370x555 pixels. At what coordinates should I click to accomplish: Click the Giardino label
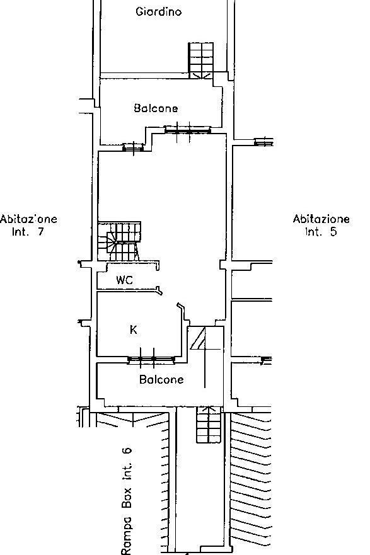click(158, 12)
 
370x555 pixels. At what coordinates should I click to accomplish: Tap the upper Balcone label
click(156, 108)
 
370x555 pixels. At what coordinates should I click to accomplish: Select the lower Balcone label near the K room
click(161, 379)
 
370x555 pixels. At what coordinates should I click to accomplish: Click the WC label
click(125, 280)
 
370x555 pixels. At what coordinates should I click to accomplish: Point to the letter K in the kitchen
click(134, 330)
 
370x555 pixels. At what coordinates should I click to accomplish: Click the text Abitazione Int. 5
click(321, 225)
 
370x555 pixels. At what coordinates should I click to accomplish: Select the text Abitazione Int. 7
click(28, 225)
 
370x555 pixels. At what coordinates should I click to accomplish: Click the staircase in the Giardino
click(201, 60)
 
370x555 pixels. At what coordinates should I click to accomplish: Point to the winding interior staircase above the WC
click(119, 241)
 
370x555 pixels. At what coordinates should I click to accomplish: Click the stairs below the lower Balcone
click(209, 425)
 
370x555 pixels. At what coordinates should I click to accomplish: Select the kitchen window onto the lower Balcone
click(151, 360)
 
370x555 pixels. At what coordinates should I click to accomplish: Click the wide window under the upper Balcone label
click(188, 130)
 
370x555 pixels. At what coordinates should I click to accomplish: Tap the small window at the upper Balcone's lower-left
click(133, 147)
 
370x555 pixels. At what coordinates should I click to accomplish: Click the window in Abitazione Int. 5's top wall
click(263, 142)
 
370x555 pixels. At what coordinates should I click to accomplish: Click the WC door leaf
click(159, 290)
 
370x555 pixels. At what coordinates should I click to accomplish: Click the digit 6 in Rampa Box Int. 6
click(127, 450)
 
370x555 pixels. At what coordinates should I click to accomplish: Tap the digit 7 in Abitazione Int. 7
click(40, 231)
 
